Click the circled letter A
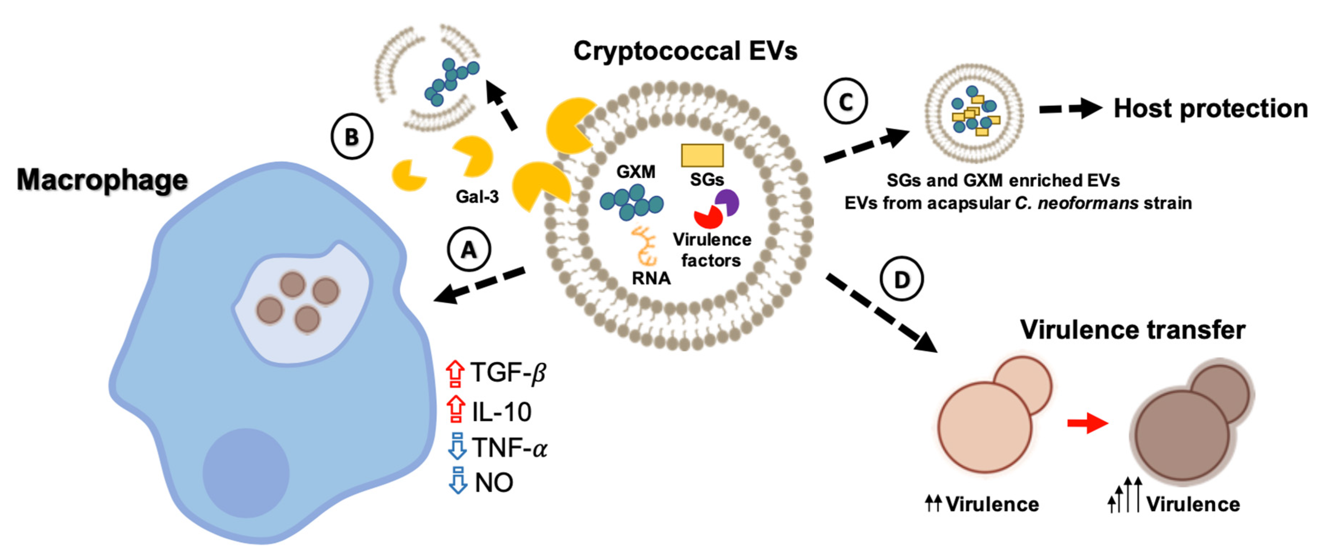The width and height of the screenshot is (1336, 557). click(x=469, y=250)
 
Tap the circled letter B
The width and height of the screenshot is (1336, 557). click(x=352, y=137)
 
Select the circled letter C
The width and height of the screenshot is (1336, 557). click(x=845, y=102)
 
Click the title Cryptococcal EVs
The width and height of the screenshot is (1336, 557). click(x=685, y=51)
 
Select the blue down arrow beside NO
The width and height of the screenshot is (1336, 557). click(x=457, y=480)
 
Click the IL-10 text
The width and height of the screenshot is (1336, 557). click(x=501, y=412)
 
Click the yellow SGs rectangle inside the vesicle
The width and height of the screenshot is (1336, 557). click(x=702, y=155)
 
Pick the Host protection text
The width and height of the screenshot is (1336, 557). click(x=1210, y=109)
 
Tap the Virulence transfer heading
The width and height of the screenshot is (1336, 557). click(x=1132, y=330)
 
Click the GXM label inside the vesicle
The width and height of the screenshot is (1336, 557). click(x=635, y=171)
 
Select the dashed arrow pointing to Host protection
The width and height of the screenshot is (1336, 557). click(x=1070, y=109)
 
